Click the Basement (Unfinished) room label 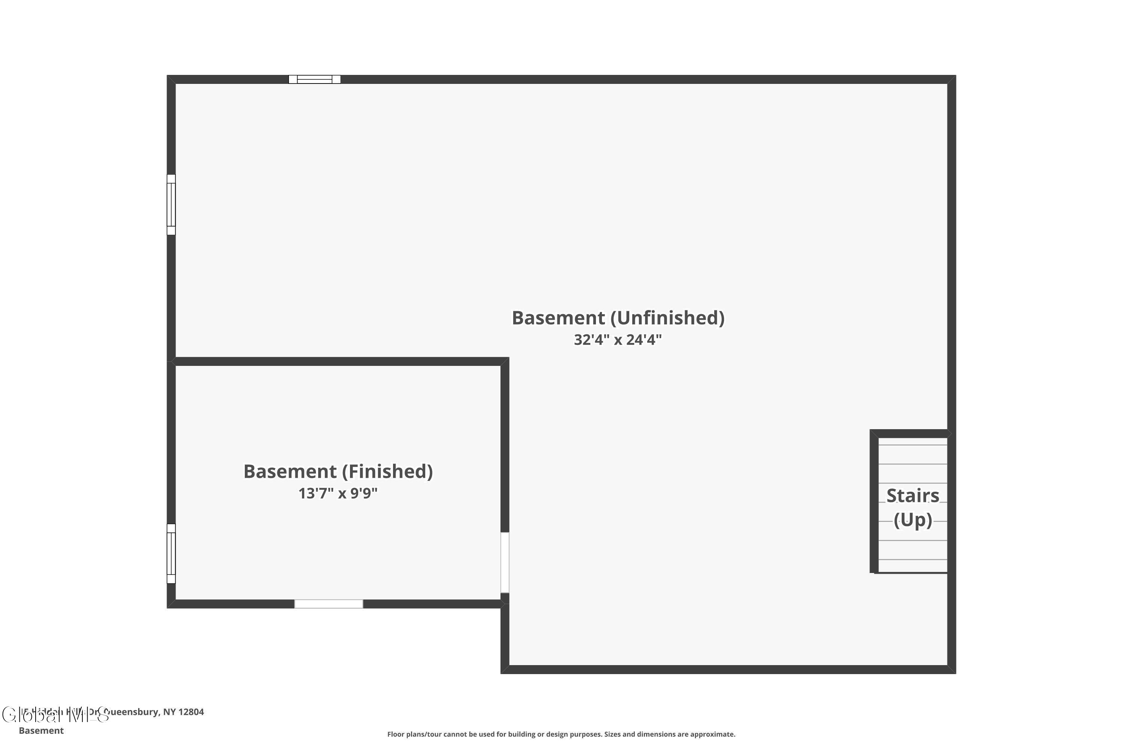pos(618,318)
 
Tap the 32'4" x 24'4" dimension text pos(618,340)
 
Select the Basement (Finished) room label pos(338,471)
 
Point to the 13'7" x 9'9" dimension pos(338,493)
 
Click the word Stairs pos(913,496)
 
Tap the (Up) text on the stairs pos(913,520)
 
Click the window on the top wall pos(315,79)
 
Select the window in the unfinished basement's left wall pos(171,204)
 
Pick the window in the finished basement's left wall pos(171,554)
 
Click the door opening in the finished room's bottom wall pos(329,604)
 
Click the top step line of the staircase pos(913,445)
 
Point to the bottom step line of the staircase pos(913,560)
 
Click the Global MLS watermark pos(55,715)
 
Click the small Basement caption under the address pos(41,730)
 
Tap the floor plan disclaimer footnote pos(561,734)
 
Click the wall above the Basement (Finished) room pos(338,362)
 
